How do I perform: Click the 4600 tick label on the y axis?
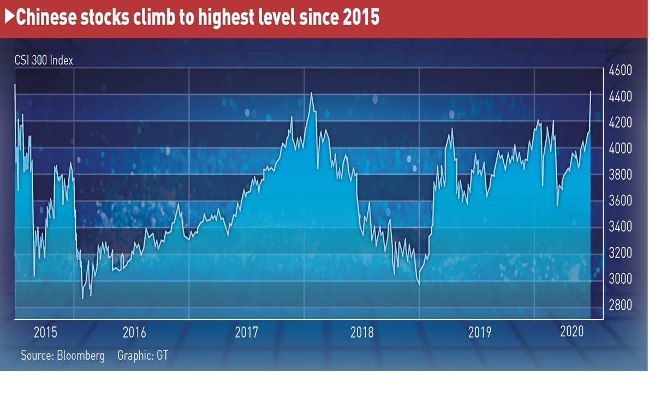tap(620, 71)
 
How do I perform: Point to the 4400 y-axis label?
tap(620, 97)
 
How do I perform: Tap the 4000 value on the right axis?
tap(620, 149)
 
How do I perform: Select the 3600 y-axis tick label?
tap(620, 201)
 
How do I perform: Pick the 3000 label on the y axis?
tap(620, 279)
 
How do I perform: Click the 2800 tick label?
tap(620, 305)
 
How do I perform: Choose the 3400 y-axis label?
tap(620, 227)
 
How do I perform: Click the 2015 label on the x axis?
tap(45, 332)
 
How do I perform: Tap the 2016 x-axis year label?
tap(134, 332)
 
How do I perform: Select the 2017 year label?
tap(247, 332)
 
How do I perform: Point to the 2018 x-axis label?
tap(362, 332)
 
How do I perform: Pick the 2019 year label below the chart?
tap(480, 332)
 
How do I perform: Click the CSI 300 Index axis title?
tap(44, 61)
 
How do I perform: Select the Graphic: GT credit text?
tap(142, 355)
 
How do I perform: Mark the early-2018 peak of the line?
tap(311, 93)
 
